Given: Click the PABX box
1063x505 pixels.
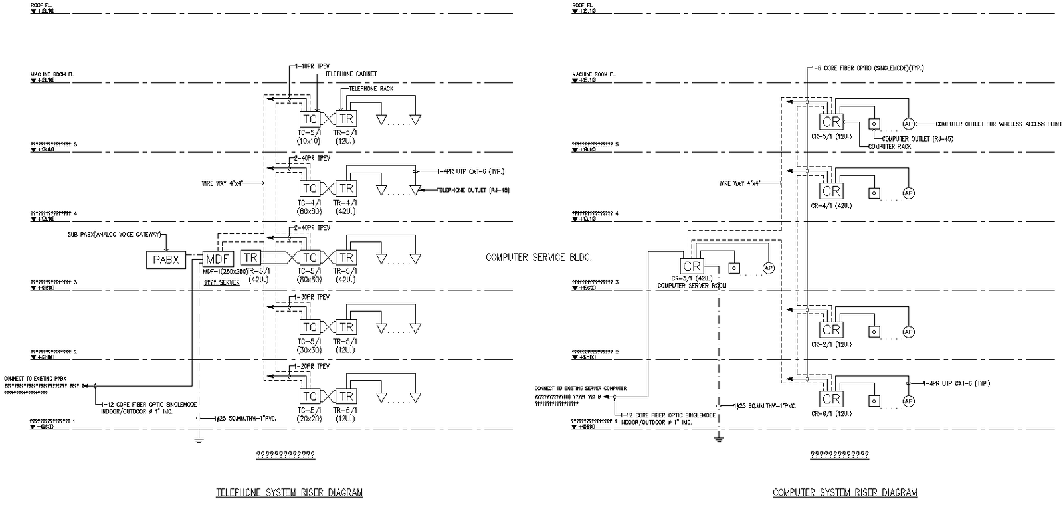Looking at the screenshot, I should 166,260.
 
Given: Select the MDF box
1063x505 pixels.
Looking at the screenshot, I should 219,259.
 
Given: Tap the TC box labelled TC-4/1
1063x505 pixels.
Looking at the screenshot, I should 310,188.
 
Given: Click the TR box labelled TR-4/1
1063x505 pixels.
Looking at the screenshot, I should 346,188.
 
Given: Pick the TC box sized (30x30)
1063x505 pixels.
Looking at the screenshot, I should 310,327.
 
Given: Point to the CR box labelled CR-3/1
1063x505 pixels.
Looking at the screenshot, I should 692,266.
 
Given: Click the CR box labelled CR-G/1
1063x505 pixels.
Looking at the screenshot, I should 831,399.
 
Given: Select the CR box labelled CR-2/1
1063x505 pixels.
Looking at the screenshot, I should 831,330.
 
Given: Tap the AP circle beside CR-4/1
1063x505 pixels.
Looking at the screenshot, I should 908,193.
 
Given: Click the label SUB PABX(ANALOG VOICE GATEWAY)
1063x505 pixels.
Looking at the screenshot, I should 114,235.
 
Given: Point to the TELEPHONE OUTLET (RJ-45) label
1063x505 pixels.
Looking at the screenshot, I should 473,190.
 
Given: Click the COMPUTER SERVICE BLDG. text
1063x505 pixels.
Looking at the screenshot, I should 539,257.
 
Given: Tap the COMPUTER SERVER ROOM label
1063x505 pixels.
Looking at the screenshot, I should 692,286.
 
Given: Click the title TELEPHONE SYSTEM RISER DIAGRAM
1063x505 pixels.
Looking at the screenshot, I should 290,492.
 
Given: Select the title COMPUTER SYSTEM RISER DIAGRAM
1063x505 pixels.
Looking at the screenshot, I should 844,492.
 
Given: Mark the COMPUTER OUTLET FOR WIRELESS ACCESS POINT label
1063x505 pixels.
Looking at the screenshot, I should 999,124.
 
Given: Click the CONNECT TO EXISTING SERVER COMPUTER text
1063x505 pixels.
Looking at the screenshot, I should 580,388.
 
